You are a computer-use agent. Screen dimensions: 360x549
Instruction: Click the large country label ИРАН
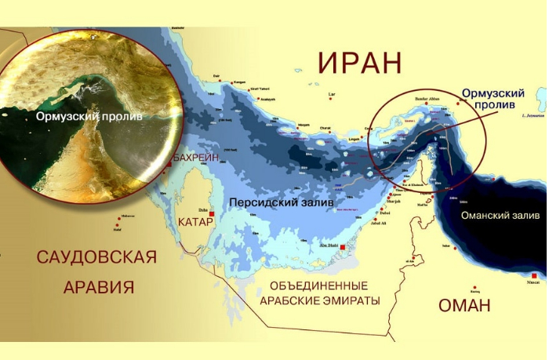[x=359, y=62]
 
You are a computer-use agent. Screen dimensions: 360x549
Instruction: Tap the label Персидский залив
[x=281, y=202]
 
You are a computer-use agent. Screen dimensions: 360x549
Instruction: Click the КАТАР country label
[x=195, y=221]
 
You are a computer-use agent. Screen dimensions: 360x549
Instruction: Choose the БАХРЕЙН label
[x=194, y=158]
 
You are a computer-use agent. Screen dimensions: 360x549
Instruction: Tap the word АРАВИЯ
[x=96, y=286]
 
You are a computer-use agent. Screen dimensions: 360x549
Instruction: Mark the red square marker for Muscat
[x=535, y=276]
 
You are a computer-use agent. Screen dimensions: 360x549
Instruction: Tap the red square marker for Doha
[x=211, y=213]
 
